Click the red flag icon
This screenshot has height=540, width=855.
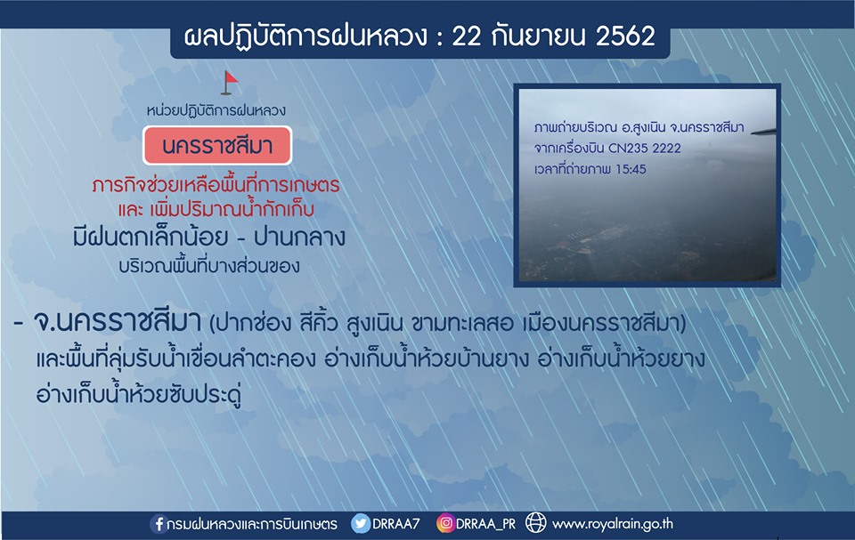coord(230,83)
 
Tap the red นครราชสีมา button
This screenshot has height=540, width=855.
coord(217,146)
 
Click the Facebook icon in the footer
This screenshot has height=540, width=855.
coord(159,524)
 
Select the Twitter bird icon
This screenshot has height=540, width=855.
coord(361,524)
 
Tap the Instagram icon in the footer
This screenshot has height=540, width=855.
coord(445,524)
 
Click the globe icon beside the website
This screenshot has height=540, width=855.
coord(535,522)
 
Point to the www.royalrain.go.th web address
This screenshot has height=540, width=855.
coord(613,524)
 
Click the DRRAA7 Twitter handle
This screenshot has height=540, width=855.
coord(395,524)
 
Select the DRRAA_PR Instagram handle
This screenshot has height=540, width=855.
coord(485,524)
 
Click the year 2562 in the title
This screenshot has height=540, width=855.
coord(625,36)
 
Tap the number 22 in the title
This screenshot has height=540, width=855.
coord(467,36)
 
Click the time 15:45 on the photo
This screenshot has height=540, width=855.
coord(631,169)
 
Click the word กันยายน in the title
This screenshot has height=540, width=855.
coord(538,36)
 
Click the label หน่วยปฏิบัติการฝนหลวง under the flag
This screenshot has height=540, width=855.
coord(216,110)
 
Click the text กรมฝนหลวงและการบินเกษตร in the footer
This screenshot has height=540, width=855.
coord(252,524)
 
